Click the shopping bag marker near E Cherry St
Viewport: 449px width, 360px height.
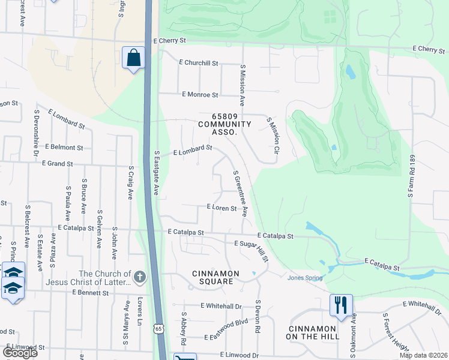[x=133, y=58]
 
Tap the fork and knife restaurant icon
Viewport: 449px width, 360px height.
[x=341, y=305]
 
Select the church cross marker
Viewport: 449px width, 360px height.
[x=140, y=277]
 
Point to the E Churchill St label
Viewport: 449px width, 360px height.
[x=199, y=62]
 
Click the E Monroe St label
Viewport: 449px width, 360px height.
[x=200, y=95]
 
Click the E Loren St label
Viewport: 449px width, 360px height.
[x=221, y=208]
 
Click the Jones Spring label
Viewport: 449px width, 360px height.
[x=305, y=278]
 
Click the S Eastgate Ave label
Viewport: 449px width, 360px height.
[x=155, y=173]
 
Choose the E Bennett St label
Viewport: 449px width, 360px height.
[x=90, y=293]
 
